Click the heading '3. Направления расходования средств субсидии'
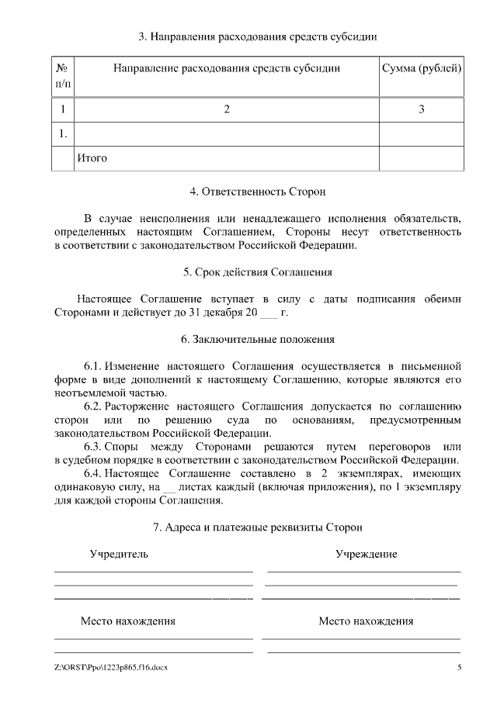(x=258, y=36)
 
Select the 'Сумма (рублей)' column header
(x=422, y=68)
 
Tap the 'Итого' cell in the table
(x=92, y=158)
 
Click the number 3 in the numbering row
(x=422, y=109)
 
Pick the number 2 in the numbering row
(x=227, y=109)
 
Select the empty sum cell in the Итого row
(x=422, y=158)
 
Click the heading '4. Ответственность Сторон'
(x=258, y=190)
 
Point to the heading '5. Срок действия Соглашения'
(x=258, y=272)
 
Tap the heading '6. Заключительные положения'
(x=258, y=340)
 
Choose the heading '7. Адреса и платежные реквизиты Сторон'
(x=258, y=527)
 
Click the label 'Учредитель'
(x=119, y=555)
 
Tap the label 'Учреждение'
(x=366, y=555)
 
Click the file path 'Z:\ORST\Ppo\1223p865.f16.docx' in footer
(x=111, y=668)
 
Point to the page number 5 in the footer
(x=459, y=668)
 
